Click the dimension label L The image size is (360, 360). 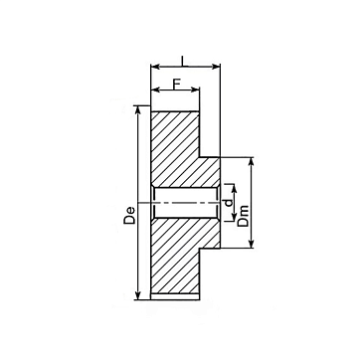coord(183,61)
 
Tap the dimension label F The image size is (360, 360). coord(177,84)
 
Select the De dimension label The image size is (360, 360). coord(129,215)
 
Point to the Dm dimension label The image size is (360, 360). coord(243,216)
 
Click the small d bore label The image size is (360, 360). coord(229,203)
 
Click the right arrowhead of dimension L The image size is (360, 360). coord(216,67)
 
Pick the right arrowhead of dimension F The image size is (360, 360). coord(195,90)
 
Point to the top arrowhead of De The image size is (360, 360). coord(138,110)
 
